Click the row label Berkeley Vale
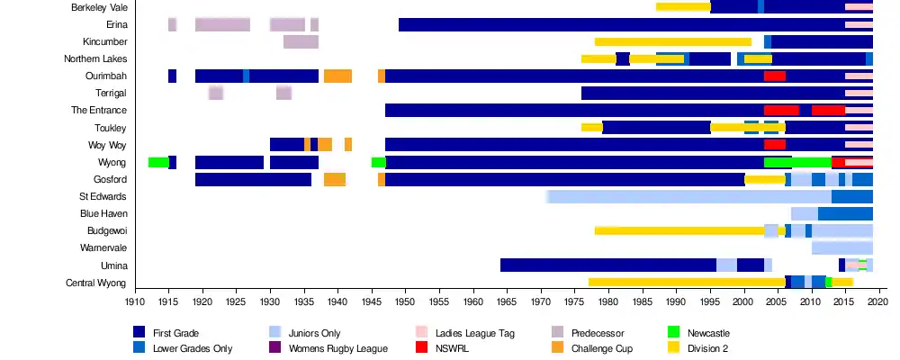(99, 7)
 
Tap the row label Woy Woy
(107, 145)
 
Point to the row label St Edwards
(103, 196)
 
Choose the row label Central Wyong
(96, 283)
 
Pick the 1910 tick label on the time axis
(135, 304)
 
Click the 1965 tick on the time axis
(507, 304)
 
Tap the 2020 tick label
(879, 304)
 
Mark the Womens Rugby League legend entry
(337, 348)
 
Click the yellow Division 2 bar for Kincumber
(672, 42)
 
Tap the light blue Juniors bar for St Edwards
(688, 196)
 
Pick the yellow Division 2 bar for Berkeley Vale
(683, 7)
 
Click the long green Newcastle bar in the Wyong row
(797, 162)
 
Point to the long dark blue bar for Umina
(607, 265)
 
